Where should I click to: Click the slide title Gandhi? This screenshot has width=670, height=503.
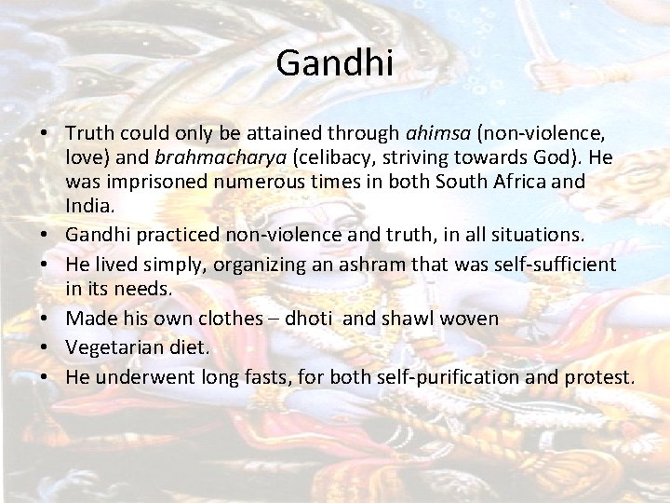335,64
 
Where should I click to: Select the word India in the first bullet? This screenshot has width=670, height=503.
86,205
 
